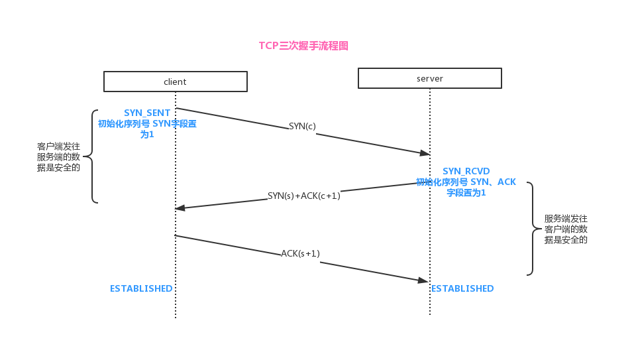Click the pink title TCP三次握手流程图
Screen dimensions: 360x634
point(303,46)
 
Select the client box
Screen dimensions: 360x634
point(175,82)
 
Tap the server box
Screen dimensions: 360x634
point(429,78)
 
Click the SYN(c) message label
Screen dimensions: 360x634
point(302,126)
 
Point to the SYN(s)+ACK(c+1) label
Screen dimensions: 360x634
point(303,196)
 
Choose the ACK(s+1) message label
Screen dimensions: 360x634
point(300,253)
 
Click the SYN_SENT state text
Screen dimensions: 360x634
point(147,113)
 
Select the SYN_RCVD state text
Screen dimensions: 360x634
point(466,171)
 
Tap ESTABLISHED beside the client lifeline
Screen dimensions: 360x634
point(141,288)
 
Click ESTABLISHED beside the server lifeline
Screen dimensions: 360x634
point(462,288)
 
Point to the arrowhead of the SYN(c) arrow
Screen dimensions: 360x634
point(425,153)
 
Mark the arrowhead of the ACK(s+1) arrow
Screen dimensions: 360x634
point(423,280)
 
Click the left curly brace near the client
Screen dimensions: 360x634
point(93,156)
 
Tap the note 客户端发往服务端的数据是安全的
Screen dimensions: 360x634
point(59,156)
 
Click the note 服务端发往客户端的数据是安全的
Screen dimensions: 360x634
point(566,229)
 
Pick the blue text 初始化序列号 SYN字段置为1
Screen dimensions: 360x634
point(147,129)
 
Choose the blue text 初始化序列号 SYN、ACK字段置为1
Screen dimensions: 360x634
point(466,187)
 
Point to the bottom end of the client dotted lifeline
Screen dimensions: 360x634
point(176,317)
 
